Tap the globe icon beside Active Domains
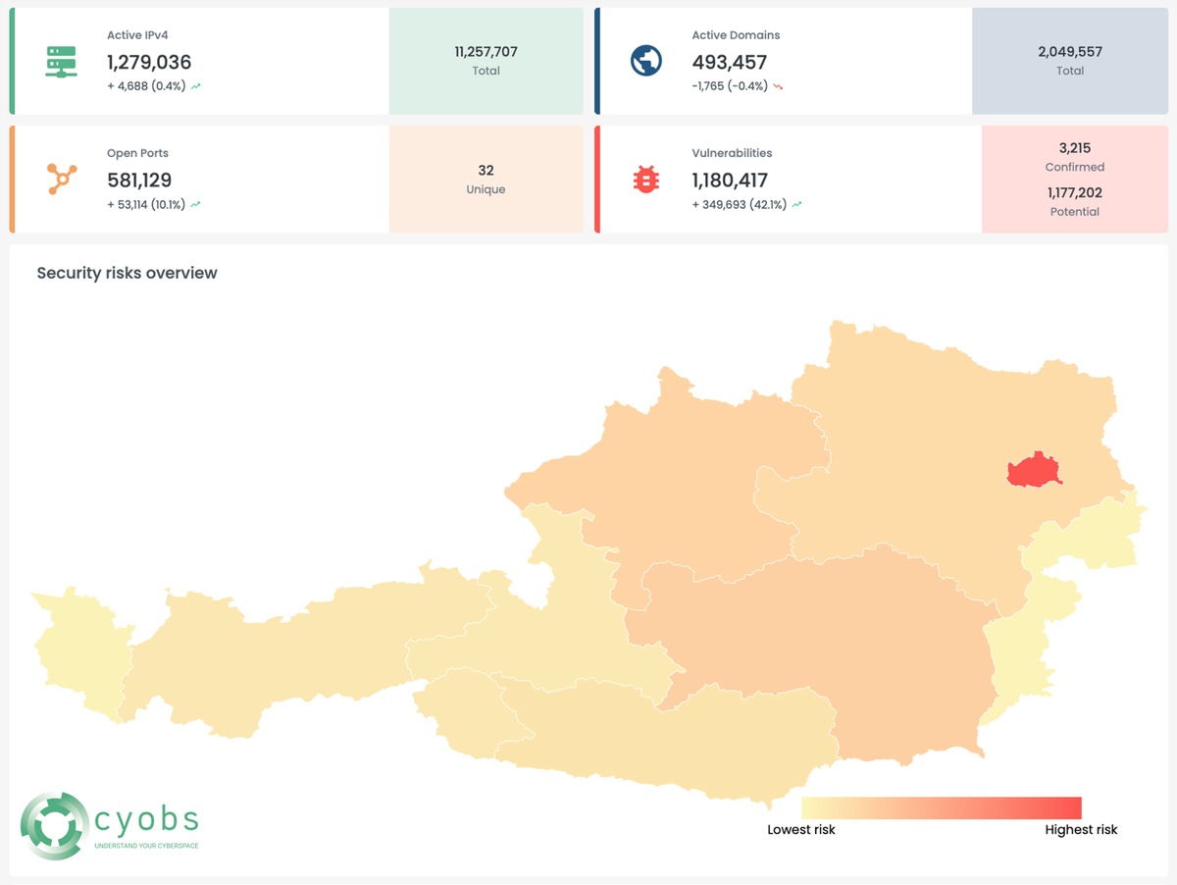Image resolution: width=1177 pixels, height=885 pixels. point(646,61)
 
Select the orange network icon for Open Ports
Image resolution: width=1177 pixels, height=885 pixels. point(62,179)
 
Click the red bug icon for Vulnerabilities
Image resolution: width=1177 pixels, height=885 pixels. point(646,179)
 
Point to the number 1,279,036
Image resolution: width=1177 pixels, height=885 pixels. point(149,63)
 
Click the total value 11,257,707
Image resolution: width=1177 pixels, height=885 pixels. point(486,51)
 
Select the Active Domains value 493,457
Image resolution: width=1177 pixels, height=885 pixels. point(730,63)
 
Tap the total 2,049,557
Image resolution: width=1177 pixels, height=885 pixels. point(1070,51)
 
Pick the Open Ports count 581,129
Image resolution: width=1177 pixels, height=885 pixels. point(139,181)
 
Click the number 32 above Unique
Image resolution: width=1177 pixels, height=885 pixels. point(486,170)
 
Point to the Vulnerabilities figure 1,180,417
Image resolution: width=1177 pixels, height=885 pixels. point(730,181)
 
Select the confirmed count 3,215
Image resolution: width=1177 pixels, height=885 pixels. point(1075,148)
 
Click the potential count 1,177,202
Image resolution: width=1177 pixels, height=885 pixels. point(1075,193)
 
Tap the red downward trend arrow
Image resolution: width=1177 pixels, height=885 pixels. point(779,86)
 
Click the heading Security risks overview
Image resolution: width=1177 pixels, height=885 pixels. point(127,273)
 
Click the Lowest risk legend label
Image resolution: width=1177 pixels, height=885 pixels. point(801,830)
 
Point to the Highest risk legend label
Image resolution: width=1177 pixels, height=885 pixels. point(1081,830)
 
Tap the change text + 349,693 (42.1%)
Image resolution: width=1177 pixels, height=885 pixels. point(739,204)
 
